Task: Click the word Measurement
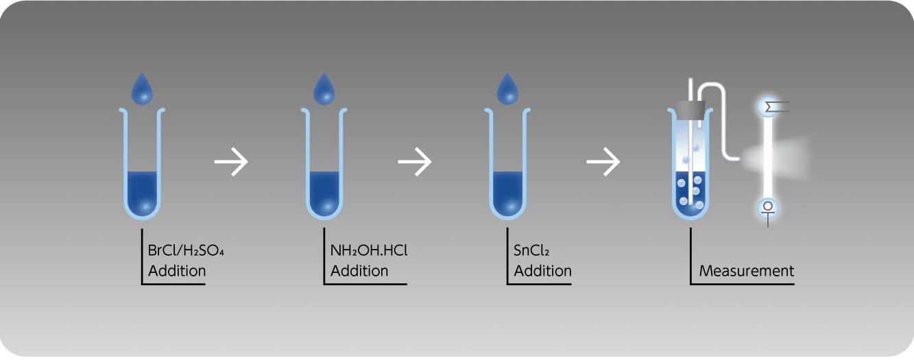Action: point(747,271)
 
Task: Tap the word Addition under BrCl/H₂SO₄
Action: point(177,271)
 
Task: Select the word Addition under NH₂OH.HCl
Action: point(359,271)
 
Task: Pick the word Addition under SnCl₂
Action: point(542,271)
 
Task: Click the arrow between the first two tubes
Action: point(231,163)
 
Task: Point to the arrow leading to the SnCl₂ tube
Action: point(415,163)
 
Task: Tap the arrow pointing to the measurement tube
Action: point(603,163)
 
